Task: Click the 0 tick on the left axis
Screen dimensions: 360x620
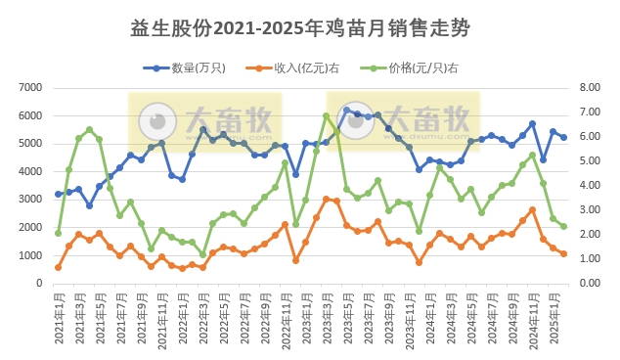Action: click(40, 284)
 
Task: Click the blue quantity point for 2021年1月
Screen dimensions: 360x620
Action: click(59, 194)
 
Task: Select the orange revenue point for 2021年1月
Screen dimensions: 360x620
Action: click(59, 267)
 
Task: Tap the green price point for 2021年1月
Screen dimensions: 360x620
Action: click(59, 233)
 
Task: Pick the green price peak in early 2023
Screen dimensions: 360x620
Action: click(326, 116)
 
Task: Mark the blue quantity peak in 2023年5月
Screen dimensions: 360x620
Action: click(347, 111)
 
